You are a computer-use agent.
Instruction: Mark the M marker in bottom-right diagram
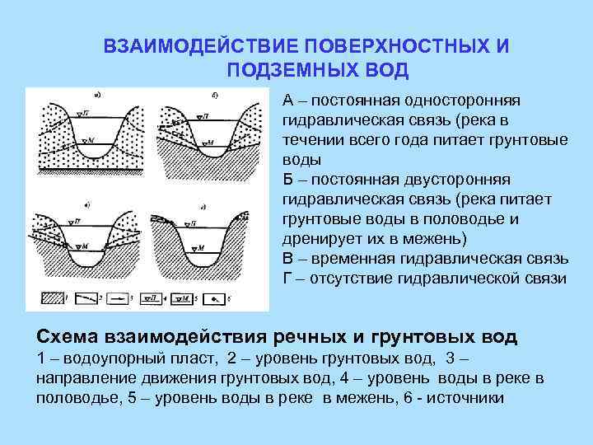(195, 247)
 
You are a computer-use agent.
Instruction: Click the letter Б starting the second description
(287, 180)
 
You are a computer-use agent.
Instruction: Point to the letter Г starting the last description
(287, 279)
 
